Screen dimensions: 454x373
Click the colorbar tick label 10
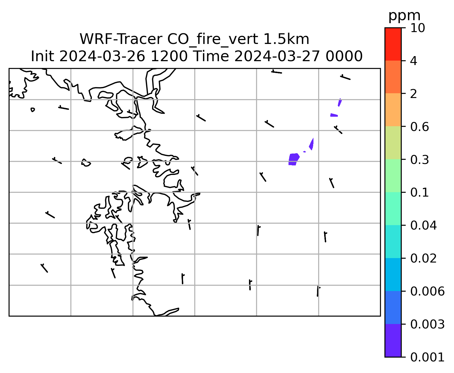point(417,28)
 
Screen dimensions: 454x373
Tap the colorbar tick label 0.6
point(419,127)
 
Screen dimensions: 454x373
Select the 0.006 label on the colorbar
point(427,291)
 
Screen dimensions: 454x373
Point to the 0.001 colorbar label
point(427,357)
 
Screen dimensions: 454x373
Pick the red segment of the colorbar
point(393,44)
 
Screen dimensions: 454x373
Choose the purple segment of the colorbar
point(393,341)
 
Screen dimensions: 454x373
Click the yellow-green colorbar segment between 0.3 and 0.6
point(393,143)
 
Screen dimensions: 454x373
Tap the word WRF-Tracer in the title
point(121,39)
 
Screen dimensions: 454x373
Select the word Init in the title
point(42,56)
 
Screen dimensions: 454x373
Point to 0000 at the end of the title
point(344,56)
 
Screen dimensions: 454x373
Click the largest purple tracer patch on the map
point(294,159)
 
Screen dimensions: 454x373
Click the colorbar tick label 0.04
point(423,225)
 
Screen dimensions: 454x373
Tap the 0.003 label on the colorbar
point(427,324)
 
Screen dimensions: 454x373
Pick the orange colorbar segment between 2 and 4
point(393,77)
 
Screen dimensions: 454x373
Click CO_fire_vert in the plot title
point(212,39)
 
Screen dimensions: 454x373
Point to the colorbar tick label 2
point(414,94)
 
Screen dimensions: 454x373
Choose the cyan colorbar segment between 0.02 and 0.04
point(393,241)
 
